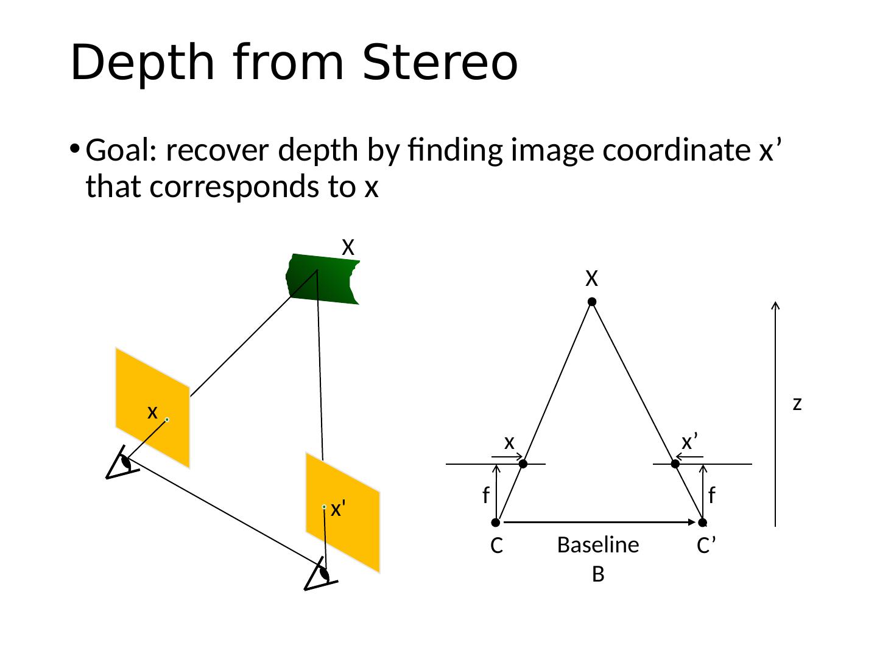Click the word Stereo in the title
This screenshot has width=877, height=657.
439,63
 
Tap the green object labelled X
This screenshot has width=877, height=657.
323,279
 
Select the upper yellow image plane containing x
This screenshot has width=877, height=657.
152,408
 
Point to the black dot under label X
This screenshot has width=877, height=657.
591,302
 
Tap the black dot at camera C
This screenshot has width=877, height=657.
496,522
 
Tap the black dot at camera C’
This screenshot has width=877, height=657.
703,522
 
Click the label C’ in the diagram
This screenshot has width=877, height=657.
705,546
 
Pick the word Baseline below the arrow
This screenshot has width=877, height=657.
598,546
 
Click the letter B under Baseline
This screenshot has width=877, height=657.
598,574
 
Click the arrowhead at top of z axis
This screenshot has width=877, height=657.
775,305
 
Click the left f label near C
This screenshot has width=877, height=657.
485,496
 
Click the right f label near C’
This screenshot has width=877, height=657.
711,496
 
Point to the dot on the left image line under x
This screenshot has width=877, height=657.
523,464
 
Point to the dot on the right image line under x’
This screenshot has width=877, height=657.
675,464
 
